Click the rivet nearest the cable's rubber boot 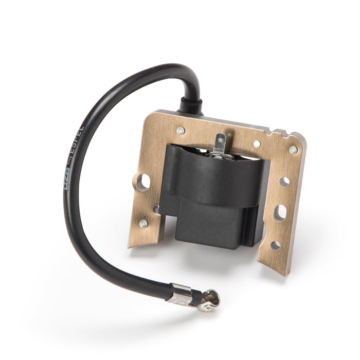(181, 131)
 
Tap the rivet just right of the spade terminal (257, 143)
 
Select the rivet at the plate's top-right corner (293, 150)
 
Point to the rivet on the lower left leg (143, 224)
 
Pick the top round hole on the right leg (284, 182)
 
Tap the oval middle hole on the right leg (280, 212)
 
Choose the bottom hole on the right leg (276, 245)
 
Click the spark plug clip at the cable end (210, 299)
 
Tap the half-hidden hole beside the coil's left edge (156, 209)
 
